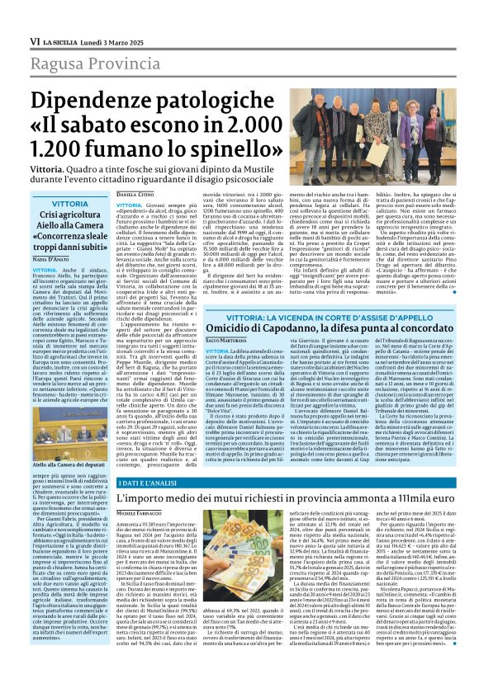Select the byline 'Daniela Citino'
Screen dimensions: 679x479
[133, 193]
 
